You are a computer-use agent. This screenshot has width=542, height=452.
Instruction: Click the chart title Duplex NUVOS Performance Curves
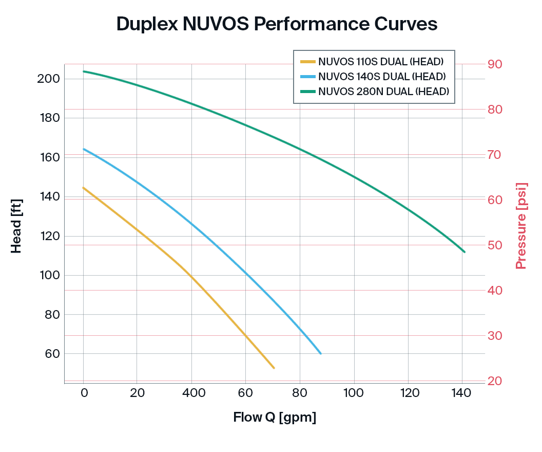click(277, 24)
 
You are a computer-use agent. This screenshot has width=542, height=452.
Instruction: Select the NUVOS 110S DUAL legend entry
click(380, 62)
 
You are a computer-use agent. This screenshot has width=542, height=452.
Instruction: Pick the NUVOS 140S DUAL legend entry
click(381, 77)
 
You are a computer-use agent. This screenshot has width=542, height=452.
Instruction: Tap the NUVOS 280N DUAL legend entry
click(383, 92)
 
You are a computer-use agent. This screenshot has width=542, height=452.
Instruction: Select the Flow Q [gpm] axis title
click(275, 417)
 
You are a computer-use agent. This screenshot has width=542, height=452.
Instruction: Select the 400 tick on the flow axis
click(191, 393)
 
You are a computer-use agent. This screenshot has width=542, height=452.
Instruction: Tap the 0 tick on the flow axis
click(84, 393)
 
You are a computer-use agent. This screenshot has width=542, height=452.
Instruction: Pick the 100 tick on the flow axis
click(354, 393)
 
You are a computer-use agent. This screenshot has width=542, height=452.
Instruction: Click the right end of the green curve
click(464, 252)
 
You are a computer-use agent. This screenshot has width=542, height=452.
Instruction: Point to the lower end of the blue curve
click(321, 354)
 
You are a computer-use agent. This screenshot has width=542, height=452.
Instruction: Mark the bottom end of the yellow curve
click(274, 368)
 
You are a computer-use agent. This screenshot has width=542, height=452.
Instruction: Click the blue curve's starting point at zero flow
click(84, 149)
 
